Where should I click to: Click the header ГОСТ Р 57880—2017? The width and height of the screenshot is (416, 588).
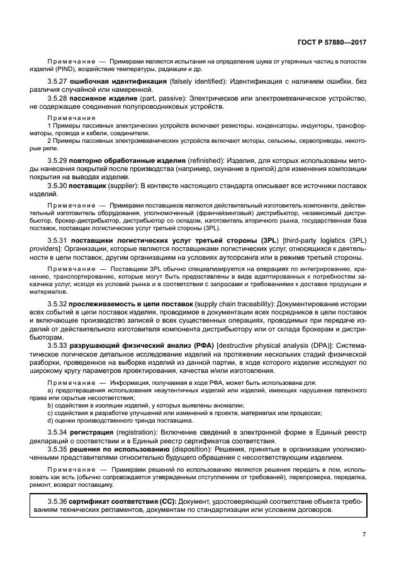[332, 43]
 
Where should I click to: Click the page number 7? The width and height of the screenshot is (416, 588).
[364, 534]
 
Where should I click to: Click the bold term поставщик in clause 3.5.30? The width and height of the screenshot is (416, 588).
[88, 186]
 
